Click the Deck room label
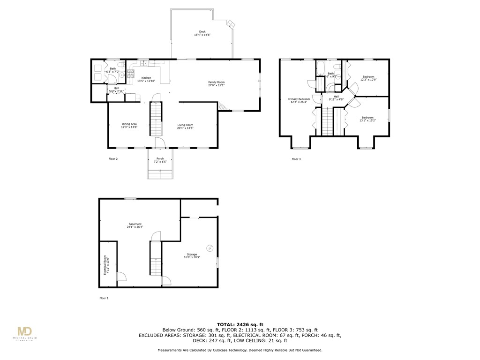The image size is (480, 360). tap(202, 32)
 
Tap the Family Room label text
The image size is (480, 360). tap(217, 82)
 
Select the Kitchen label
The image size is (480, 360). tap(146, 78)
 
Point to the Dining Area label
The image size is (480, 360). tap(129, 124)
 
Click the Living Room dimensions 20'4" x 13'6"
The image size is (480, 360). tap(185, 128)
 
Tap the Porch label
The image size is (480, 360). tap(160, 158)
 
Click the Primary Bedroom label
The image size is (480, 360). tap(299, 99)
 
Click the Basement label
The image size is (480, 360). tap(135, 224)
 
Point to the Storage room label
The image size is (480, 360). tap(192, 255)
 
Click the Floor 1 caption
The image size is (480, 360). tap(104, 298)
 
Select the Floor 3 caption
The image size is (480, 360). tap(296, 159)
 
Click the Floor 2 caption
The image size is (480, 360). tap(113, 159)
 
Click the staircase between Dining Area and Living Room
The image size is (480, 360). tap(156, 119)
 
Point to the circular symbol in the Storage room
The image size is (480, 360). tap(210, 247)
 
